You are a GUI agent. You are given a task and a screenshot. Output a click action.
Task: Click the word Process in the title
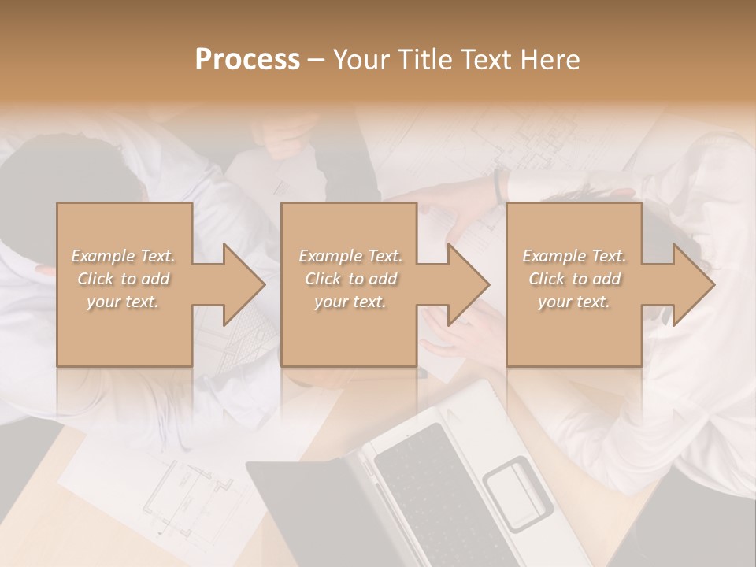247,60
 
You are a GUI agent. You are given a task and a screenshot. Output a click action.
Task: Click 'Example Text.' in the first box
124,256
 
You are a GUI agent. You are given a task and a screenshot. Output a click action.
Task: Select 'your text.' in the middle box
350,302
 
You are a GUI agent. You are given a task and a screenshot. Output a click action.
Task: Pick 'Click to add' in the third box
574,279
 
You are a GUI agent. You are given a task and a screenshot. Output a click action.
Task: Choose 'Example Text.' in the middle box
350,256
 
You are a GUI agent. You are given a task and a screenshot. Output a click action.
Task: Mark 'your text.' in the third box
574,302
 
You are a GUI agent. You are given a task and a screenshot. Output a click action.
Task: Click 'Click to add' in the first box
124,279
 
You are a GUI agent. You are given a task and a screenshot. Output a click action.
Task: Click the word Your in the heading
361,60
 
